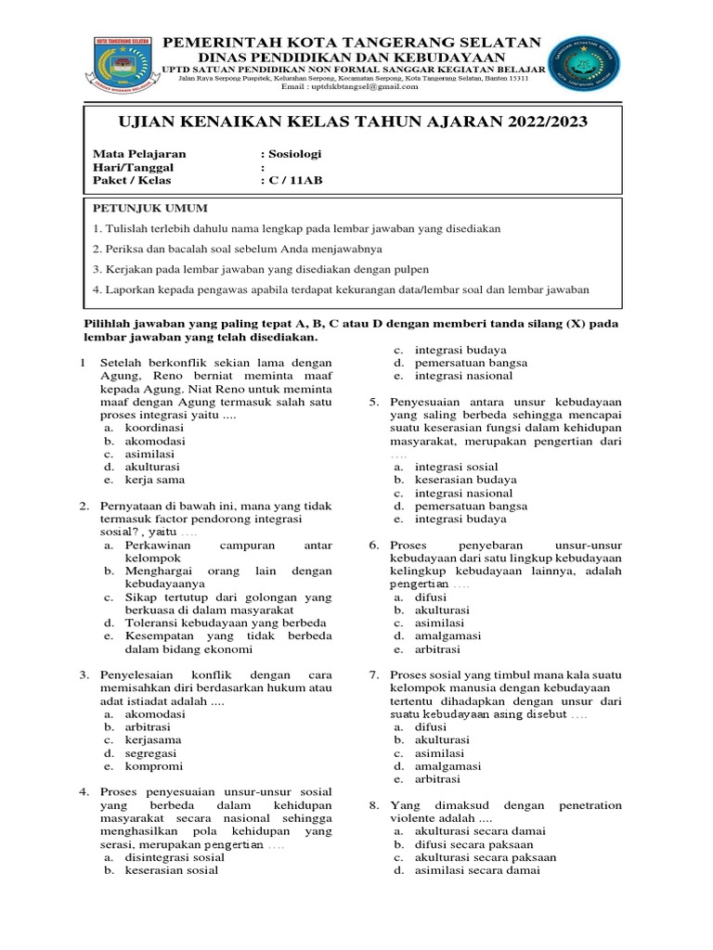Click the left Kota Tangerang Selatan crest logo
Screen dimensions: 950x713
(x=128, y=65)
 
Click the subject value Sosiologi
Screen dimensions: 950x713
(x=294, y=154)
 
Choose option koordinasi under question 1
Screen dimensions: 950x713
(x=155, y=428)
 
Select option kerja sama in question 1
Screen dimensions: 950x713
(x=155, y=480)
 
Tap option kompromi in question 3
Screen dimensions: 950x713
(x=154, y=766)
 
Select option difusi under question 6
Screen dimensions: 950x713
(x=430, y=597)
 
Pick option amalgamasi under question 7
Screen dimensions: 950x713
(x=447, y=766)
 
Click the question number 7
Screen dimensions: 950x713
(x=373, y=674)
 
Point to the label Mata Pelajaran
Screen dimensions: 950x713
(x=139, y=154)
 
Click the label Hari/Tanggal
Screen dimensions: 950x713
(x=134, y=167)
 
